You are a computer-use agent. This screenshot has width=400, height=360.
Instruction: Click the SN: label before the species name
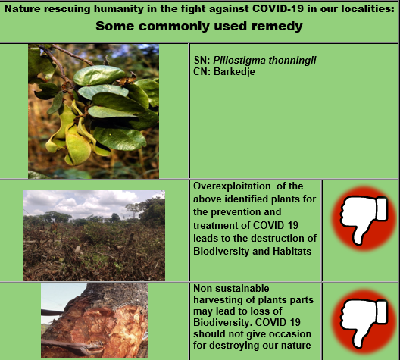pos(202,61)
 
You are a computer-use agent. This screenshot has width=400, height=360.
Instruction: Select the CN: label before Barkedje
pos(202,70)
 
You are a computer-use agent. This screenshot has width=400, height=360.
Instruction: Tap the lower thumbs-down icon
pos(361,319)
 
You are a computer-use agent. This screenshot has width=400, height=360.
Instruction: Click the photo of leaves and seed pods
pos(93,111)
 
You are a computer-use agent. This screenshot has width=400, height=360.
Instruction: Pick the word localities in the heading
pos(364,8)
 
